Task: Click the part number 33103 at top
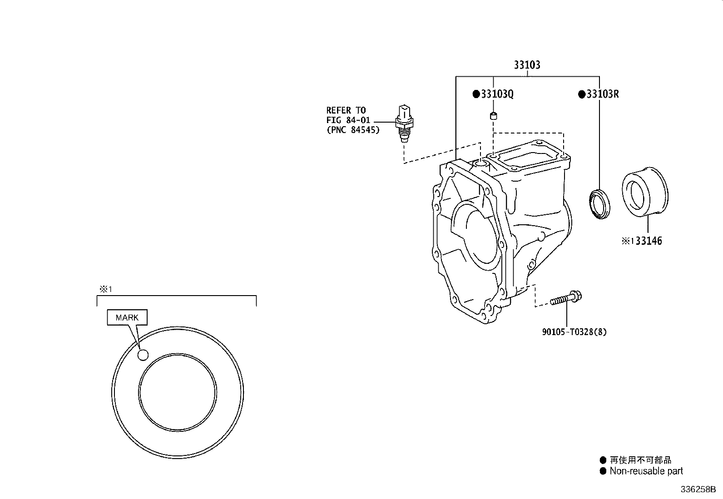point(527,65)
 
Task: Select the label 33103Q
point(497,94)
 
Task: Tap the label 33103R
point(602,94)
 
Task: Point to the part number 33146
point(648,241)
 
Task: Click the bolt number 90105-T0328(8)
point(574,332)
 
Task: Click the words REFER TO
point(346,110)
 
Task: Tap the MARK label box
point(127,317)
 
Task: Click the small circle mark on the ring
point(143,355)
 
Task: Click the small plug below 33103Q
point(494,116)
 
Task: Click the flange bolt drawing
point(566,299)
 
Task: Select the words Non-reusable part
point(646,471)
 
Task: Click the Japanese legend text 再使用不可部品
point(640,460)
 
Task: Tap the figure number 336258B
point(698,490)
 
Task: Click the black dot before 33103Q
point(476,94)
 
